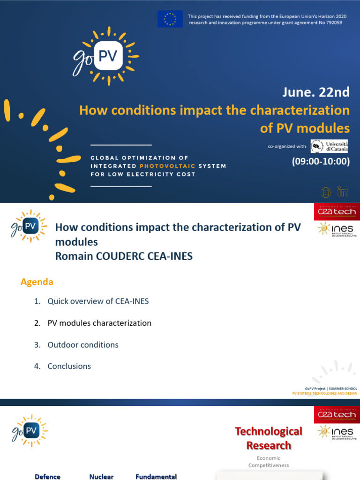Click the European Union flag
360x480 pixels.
(170, 19)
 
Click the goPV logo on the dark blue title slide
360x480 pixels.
(105, 57)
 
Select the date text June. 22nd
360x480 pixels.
(315, 92)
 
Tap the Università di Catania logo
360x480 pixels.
(329, 146)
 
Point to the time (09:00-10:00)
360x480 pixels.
(321, 162)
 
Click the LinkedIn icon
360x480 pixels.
(343, 192)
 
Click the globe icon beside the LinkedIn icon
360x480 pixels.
(326, 192)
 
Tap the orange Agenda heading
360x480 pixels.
(37, 282)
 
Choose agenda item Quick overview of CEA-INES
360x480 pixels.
(98, 301)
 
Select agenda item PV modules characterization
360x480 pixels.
(99, 323)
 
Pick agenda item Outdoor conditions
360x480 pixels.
(83, 345)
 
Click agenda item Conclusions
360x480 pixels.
(69, 366)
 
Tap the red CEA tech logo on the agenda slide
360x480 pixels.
(337, 211)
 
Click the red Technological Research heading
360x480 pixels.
(269, 438)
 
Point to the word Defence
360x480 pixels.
(47, 477)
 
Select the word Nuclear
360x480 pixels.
(101, 477)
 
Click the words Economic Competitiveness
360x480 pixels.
(269, 462)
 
